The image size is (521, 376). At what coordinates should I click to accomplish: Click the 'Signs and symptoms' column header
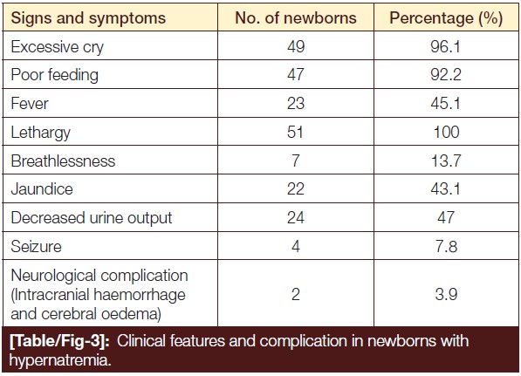(x=88, y=18)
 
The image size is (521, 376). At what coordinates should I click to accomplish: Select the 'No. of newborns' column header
(x=296, y=17)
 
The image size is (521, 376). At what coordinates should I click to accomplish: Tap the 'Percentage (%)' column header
(x=446, y=18)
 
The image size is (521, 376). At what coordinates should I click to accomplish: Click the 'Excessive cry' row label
(x=57, y=47)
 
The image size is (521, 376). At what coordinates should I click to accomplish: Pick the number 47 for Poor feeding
(x=296, y=74)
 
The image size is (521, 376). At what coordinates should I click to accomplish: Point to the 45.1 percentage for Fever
(x=446, y=103)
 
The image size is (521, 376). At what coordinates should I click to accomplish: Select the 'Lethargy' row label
(x=40, y=133)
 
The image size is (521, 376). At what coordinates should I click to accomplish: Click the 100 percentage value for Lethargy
(x=446, y=132)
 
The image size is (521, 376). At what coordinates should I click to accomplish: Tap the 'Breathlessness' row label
(x=63, y=161)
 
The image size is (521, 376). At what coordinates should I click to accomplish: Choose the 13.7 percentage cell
(x=446, y=161)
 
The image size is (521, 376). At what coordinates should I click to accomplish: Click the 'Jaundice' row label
(x=42, y=189)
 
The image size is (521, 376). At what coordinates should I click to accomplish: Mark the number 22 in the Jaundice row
(x=296, y=189)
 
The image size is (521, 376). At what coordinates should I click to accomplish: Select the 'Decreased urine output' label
(x=92, y=218)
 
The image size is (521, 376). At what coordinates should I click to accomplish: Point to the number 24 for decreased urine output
(x=296, y=218)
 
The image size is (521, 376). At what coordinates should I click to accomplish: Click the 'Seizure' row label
(x=36, y=247)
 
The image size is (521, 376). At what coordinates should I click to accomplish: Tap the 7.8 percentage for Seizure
(x=446, y=247)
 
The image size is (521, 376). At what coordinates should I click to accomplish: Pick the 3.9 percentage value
(x=446, y=294)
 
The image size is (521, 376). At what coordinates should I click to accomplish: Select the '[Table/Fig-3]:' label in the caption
(x=59, y=342)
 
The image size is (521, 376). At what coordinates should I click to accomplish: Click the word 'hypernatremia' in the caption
(x=60, y=360)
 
